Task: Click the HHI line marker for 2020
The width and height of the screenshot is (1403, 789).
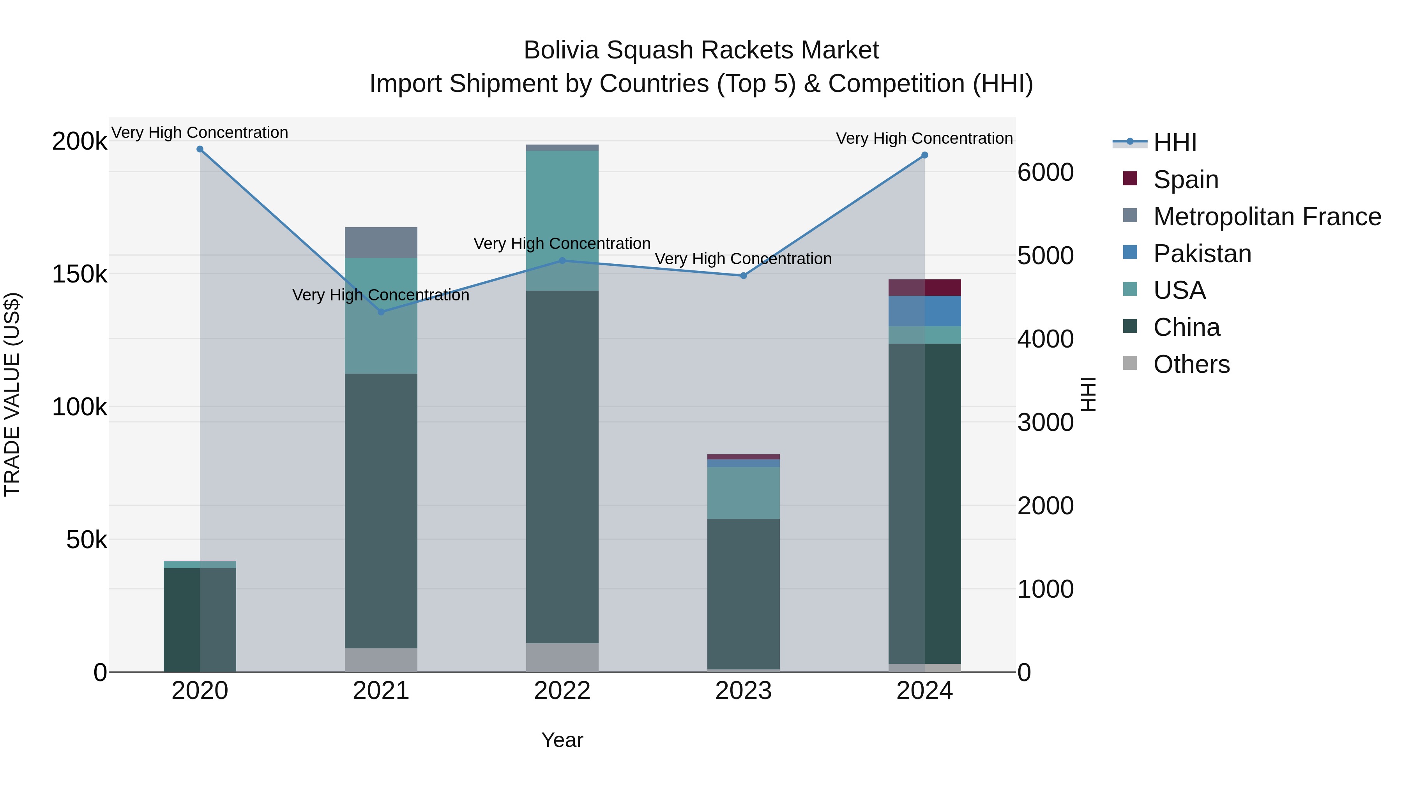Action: tap(200, 149)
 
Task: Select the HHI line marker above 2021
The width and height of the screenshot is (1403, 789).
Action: tap(381, 312)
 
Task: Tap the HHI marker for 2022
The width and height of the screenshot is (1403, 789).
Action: tap(563, 261)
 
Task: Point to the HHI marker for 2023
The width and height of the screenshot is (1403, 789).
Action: tap(744, 275)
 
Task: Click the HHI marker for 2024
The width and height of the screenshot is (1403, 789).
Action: tap(924, 155)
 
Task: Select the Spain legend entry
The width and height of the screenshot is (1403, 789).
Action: tap(1185, 180)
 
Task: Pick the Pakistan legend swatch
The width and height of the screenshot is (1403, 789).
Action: tap(1130, 252)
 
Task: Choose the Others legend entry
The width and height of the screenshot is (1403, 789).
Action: tap(1191, 364)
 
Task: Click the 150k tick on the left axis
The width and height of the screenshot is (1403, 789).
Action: tap(80, 274)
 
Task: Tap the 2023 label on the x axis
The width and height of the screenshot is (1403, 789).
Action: tap(744, 691)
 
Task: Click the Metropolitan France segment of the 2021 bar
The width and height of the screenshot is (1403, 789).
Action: tap(381, 242)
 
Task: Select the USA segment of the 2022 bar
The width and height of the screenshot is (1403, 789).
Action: tap(563, 220)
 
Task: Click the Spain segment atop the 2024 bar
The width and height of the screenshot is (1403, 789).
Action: tap(925, 288)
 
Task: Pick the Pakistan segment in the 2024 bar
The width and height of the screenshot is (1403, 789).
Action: tap(925, 311)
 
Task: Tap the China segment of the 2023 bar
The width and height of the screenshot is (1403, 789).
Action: tap(744, 593)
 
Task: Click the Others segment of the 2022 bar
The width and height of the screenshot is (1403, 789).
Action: tap(563, 657)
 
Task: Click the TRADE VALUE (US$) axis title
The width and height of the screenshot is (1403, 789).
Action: tap(12, 394)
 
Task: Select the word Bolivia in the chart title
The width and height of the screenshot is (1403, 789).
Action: tap(561, 50)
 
